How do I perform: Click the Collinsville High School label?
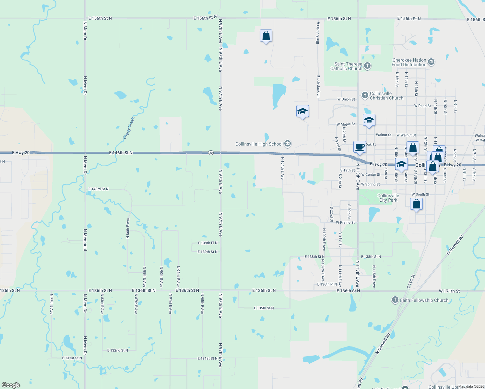(259, 144)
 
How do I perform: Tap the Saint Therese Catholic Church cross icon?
(367, 66)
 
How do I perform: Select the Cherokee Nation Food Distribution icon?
(431, 62)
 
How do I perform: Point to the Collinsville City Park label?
(388, 198)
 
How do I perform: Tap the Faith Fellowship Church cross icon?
(395, 300)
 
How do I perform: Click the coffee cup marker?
(360, 147)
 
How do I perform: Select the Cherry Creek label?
(129, 128)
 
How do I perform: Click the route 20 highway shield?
(211, 153)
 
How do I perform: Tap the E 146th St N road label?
(121, 153)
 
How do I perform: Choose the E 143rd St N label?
(98, 189)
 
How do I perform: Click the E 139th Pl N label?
(207, 243)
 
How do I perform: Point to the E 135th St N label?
(264, 308)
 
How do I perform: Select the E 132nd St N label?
(117, 350)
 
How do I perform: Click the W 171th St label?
(449, 291)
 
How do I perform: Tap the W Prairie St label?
(345, 223)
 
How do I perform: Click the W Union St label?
(346, 99)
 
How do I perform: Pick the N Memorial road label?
(85, 240)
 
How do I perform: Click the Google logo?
(11, 385)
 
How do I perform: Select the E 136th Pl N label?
(327, 284)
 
